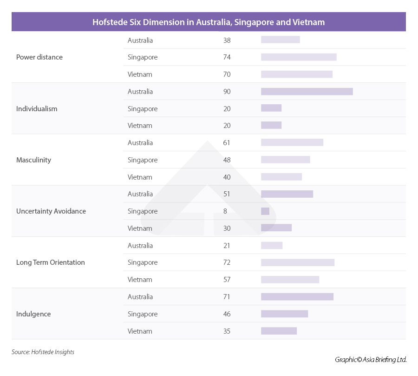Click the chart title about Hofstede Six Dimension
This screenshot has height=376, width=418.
(209, 22)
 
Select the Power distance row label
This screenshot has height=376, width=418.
(39, 57)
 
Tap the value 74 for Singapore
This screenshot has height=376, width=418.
(227, 57)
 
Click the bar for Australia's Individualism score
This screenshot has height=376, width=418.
(307, 91)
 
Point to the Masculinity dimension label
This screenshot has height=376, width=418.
(33, 160)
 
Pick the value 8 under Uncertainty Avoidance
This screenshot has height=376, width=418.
(225, 211)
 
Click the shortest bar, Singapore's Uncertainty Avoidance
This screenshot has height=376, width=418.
(265, 211)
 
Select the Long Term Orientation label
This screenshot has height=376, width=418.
(51, 262)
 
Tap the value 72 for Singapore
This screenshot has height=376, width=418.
(227, 262)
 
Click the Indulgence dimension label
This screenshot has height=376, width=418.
(33, 314)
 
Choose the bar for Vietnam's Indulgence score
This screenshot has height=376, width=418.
(279, 331)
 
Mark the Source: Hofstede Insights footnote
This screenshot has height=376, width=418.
(43, 352)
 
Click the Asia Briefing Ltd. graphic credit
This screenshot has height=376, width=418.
(371, 359)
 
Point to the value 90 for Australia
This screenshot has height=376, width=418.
(227, 92)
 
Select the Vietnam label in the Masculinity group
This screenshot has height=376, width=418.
(140, 177)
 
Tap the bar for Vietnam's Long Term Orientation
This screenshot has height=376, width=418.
(290, 279)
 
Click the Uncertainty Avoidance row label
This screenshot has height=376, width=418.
(51, 211)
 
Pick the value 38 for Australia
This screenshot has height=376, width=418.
(227, 40)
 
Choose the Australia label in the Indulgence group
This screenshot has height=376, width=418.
(140, 297)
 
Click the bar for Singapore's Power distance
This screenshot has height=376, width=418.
(299, 57)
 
